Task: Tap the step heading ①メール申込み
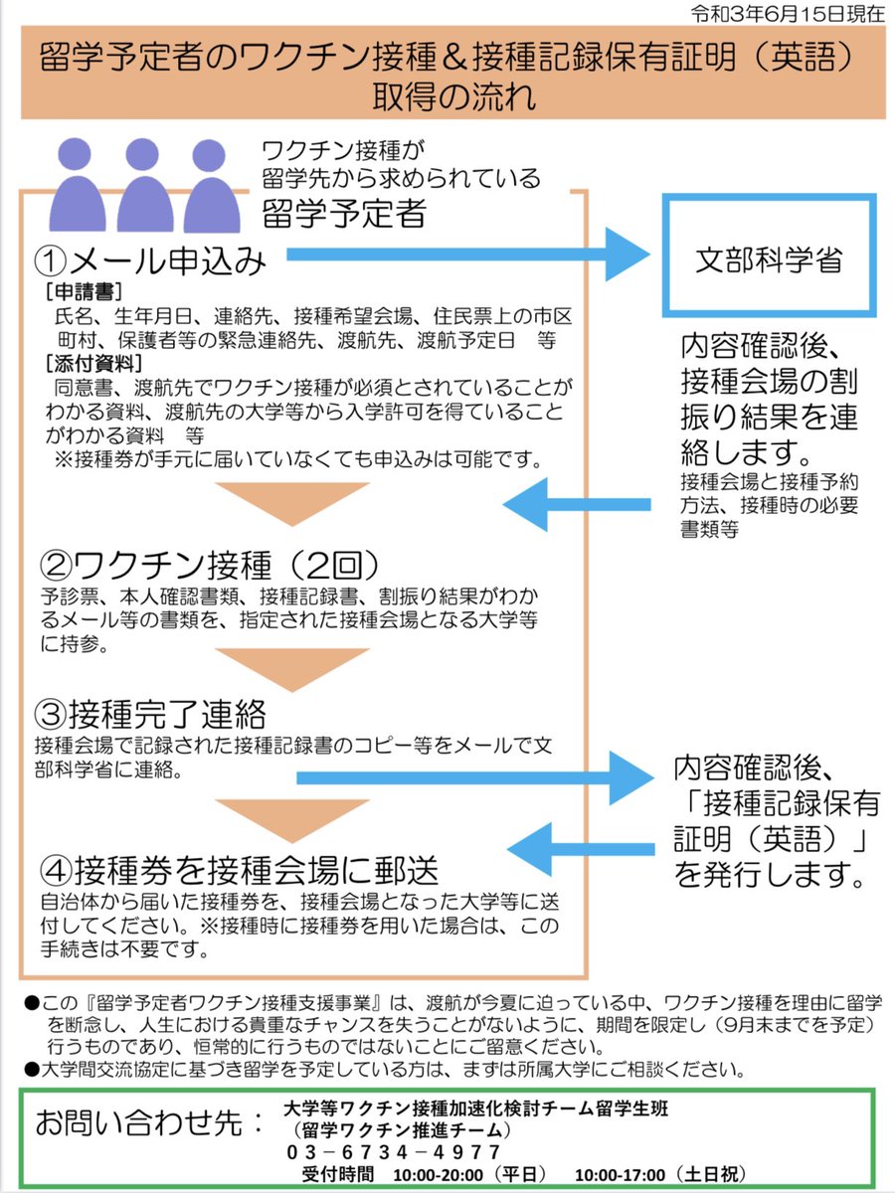click(151, 260)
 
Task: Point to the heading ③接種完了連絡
click(152, 714)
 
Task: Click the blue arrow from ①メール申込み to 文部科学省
click(467, 256)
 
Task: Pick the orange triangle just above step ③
click(292, 668)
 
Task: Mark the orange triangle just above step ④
click(292, 817)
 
